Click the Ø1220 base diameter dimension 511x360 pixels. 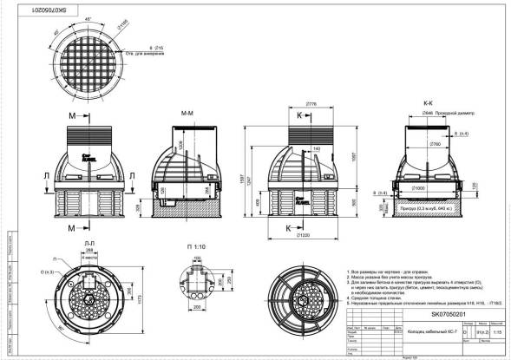[304, 234]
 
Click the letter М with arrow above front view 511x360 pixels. [70, 115]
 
